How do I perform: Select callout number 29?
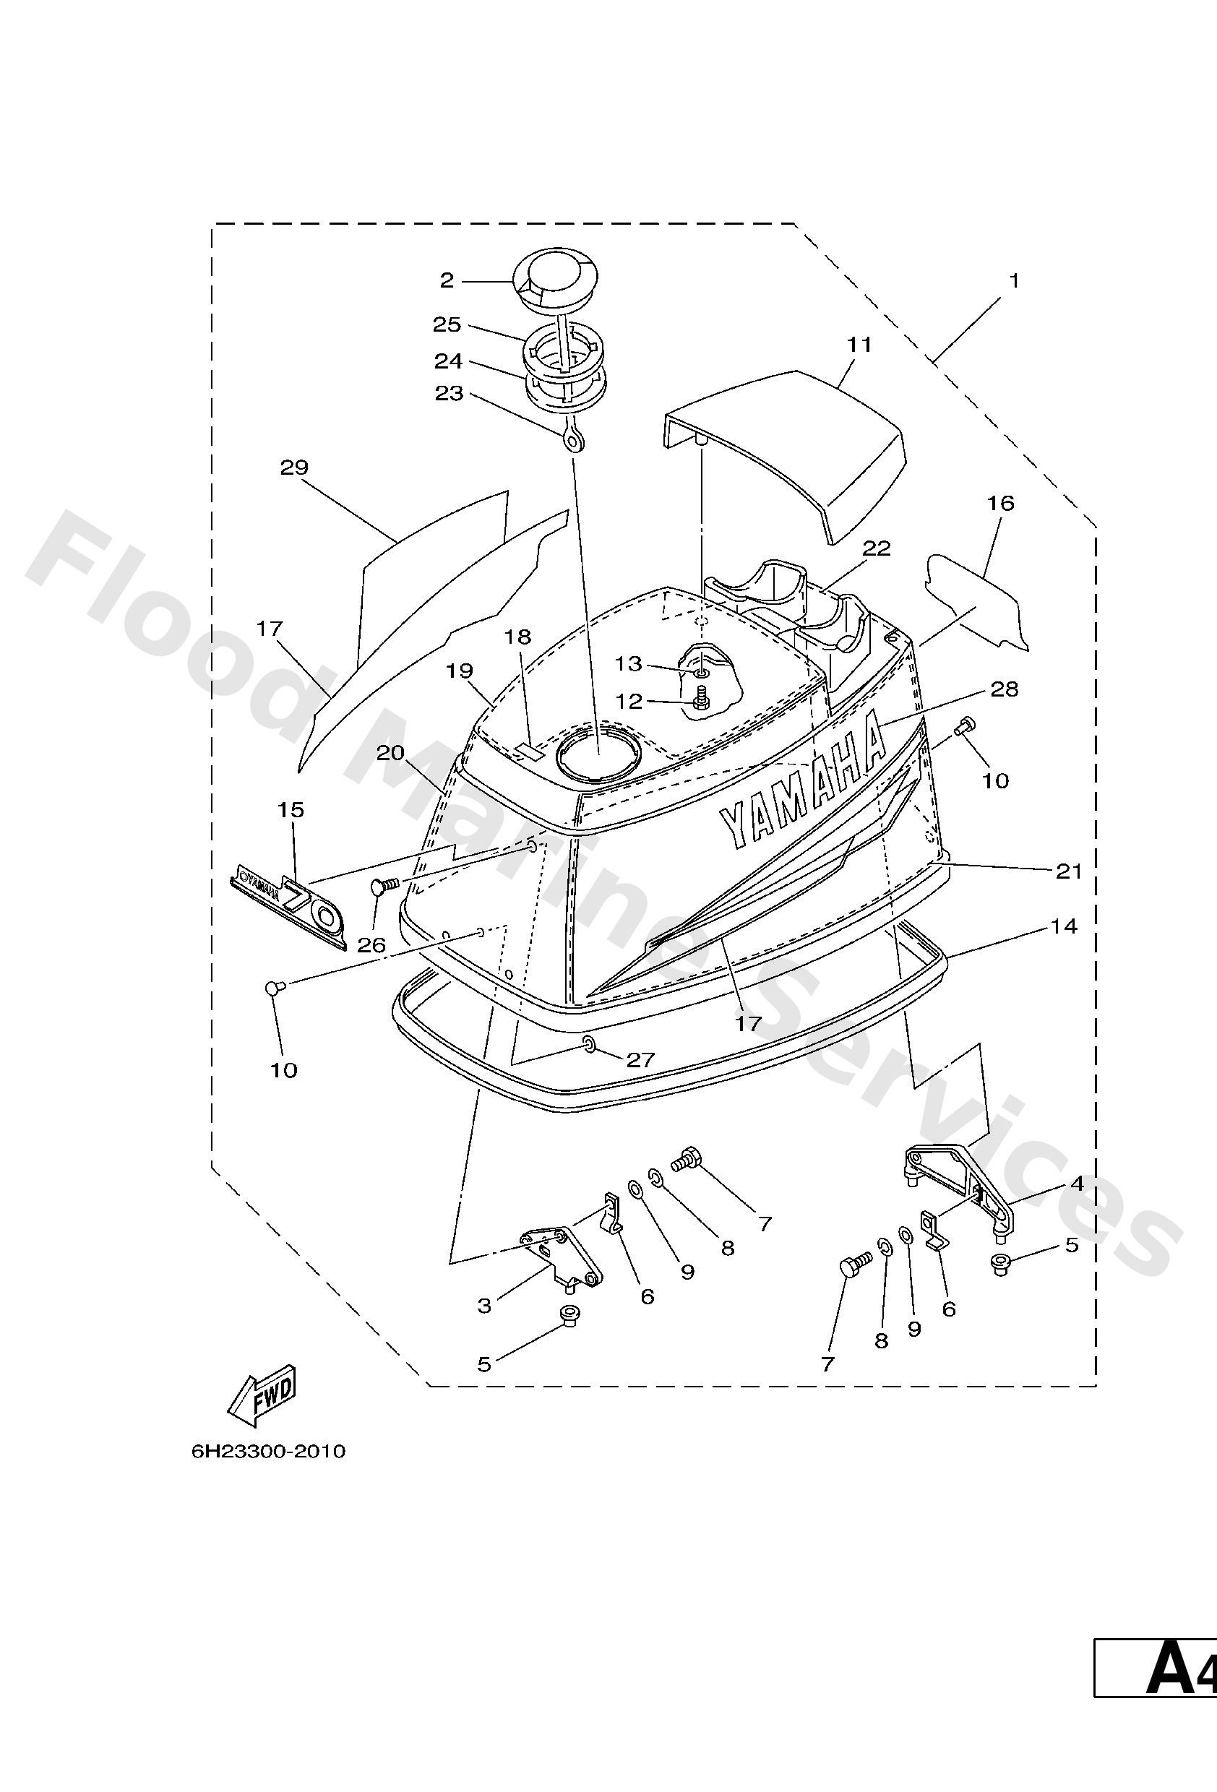pyautogui.click(x=294, y=468)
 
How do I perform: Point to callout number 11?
pyautogui.click(x=859, y=345)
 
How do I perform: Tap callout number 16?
pyautogui.click(x=1000, y=504)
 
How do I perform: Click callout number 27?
pyautogui.click(x=640, y=1059)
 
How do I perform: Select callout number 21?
pyautogui.click(x=1069, y=871)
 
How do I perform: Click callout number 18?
pyautogui.click(x=518, y=637)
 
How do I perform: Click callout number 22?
pyautogui.click(x=877, y=548)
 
